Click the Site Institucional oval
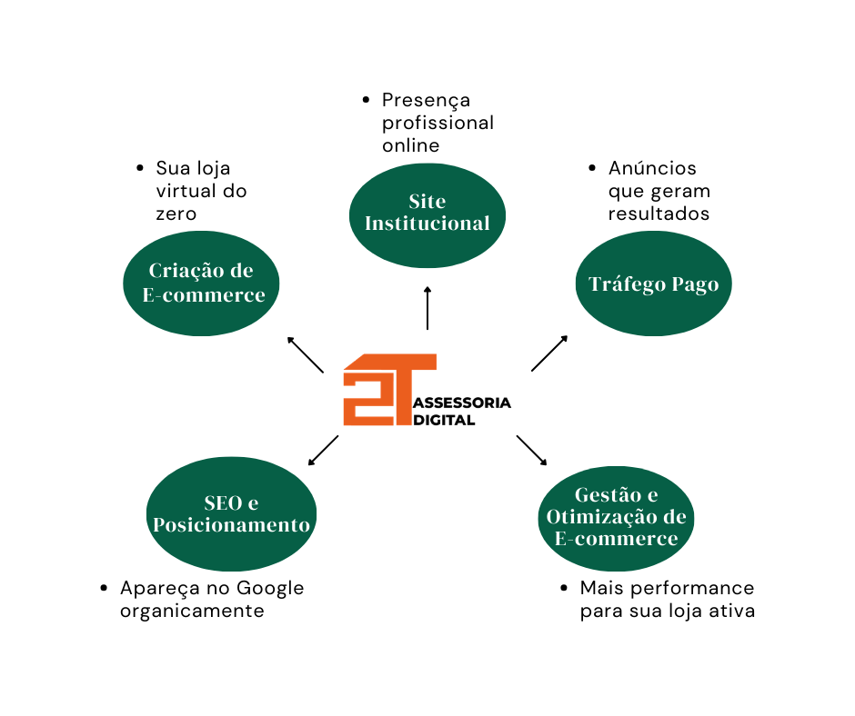427,213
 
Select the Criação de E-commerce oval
201,283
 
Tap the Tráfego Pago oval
653,284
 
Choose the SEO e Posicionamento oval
231,513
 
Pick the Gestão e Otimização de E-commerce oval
616,517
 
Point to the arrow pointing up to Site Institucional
427,308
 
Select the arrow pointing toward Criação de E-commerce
306,354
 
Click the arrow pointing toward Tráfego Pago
549,353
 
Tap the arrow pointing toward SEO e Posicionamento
324,450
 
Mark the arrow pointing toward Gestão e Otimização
532,451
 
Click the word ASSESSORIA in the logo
461,403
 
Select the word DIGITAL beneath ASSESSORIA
444,420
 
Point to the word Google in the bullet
270,588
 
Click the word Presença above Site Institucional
426,100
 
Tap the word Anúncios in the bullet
652,169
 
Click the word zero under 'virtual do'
176,214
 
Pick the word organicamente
192,611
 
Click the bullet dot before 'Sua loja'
140,169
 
